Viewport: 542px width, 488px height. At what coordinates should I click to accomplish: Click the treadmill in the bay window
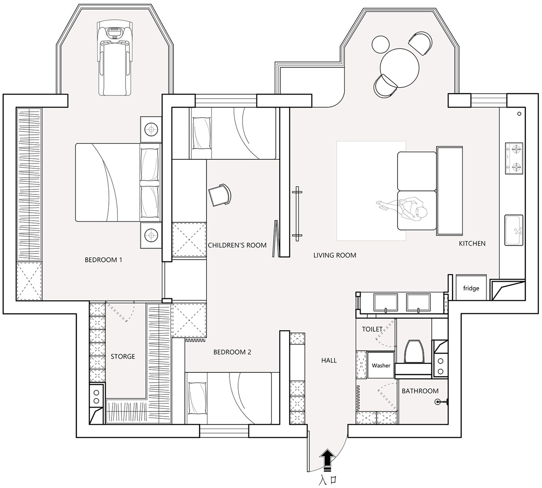click(x=115, y=58)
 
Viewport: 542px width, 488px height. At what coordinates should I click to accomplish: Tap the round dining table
click(x=400, y=68)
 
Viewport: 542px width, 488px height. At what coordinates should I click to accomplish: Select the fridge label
click(x=471, y=288)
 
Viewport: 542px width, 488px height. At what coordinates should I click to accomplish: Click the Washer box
click(x=381, y=365)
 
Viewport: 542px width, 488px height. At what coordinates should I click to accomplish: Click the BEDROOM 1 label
click(x=103, y=260)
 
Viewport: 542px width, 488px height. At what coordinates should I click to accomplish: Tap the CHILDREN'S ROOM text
click(x=237, y=245)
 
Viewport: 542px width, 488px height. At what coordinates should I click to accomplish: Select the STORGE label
click(x=123, y=356)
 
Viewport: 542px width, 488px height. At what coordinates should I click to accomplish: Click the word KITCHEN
click(x=472, y=244)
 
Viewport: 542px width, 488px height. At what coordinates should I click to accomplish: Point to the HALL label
click(x=329, y=360)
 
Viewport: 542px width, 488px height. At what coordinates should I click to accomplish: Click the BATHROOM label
click(x=420, y=391)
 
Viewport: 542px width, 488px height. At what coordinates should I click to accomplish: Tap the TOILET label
click(x=372, y=329)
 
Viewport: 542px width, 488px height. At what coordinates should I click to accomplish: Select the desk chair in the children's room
click(x=220, y=195)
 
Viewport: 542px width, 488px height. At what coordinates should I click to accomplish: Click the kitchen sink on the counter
click(x=514, y=230)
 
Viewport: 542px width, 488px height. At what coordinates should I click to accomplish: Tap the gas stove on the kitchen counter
click(x=514, y=158)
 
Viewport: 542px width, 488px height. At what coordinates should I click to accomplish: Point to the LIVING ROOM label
click(x=335, y=255)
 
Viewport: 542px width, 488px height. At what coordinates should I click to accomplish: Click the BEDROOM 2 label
click(x=232, y=352)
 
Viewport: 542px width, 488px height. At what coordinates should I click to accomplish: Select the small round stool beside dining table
click(x=380, y=45)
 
